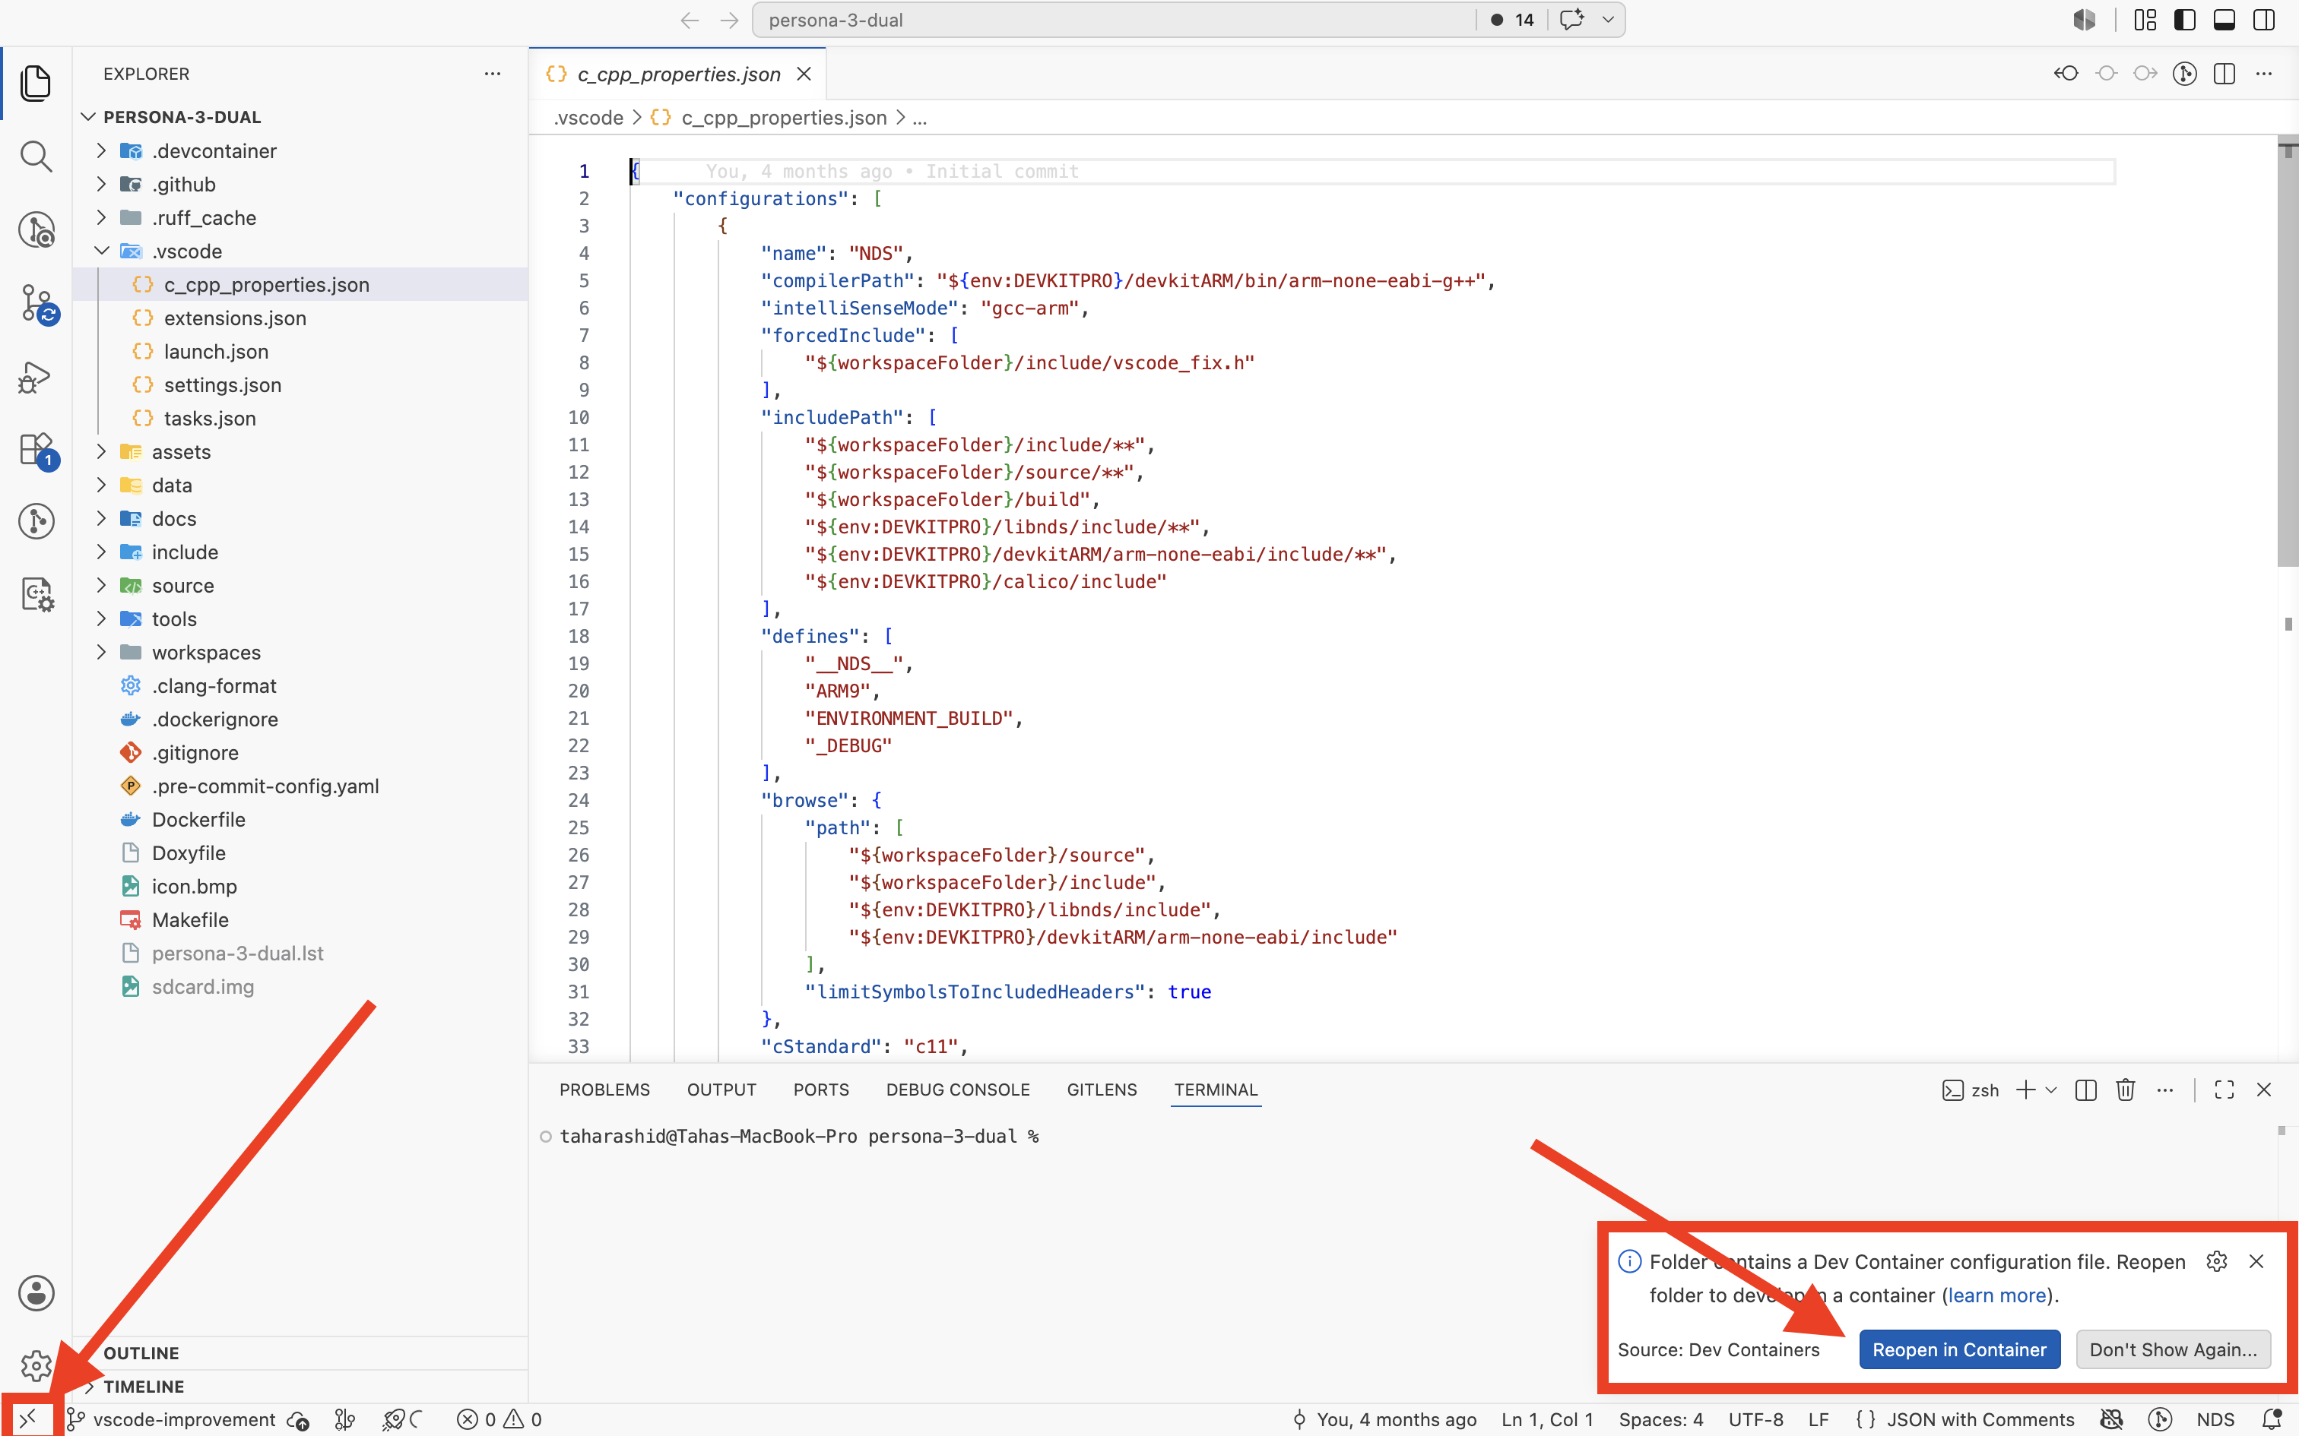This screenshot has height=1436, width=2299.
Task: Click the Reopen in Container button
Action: click(x=1959, y=1349)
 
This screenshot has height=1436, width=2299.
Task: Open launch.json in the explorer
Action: click(x=216, y=351)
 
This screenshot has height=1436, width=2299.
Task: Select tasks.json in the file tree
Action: click(x=210, y=418)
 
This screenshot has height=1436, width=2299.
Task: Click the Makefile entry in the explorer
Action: click(x=190, y=919)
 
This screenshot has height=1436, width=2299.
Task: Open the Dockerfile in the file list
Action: click(x=198, y=820)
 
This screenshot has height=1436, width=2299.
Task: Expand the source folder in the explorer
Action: click(x=182, y=586)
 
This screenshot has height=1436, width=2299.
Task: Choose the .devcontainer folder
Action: click(x=214, y=151)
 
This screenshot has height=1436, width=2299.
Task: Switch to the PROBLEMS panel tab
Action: click(x=604, y=1090)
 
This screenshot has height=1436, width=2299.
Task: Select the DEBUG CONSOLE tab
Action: click(x=958, y=1090)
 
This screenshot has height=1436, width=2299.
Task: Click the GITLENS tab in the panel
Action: click(x=1101, y=1090)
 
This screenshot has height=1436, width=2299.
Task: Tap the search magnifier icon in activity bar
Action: click(x=36, y=156)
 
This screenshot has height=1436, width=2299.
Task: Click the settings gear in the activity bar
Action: click(x=36, y=1366)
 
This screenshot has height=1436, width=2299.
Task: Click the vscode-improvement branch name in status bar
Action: click(x=184, y=1419)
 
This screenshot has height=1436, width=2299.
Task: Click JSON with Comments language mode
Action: click(x=1980, y=1419)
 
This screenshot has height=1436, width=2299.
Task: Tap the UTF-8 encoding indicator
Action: click(x=1755, y=1419)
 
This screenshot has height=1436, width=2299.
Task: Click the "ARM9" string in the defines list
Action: click(x=838, y=691)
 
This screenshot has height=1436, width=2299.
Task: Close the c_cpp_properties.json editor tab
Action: click(x=804, y=74)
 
